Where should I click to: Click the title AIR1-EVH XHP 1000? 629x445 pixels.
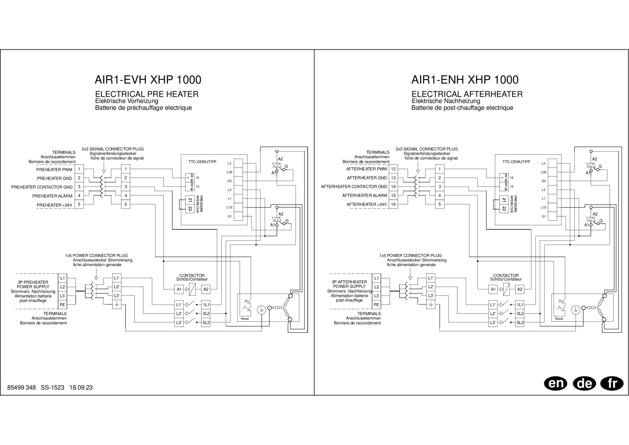click(x=148, y=80)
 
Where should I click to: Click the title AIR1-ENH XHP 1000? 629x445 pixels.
click(x=465, y=80)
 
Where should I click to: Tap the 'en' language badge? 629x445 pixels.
click(x=555, y=384)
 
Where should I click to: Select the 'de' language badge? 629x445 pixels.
click(x=584, y=384)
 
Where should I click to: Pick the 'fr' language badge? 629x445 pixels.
click(x=613, y=384)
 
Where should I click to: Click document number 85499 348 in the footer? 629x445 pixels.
click(x=22, y=388)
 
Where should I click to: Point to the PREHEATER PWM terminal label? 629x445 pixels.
click(x=54, y=169)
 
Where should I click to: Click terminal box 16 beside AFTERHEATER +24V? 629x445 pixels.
click(x=393, y=204)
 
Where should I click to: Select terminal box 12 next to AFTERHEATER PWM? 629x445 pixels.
click(x=393, y=169)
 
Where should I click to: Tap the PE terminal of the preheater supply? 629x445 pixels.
click(x=62, y=305)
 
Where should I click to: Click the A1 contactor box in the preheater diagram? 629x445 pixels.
click(x=179, y=289)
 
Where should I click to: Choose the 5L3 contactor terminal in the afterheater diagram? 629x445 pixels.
click(x=520, y=323)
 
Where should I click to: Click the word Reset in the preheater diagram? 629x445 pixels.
click(x=245, y=319)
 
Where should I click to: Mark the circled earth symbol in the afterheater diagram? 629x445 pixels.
click(x=575, y=309)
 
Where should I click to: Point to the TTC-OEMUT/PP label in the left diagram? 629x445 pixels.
click(x=202, y=162)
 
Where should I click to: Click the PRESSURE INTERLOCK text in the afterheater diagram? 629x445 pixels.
click(x=514, y=204)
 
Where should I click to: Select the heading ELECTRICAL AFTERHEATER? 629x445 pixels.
click(x=467, y=94)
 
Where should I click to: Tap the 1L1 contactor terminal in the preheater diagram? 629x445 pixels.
click(x=206, y=305)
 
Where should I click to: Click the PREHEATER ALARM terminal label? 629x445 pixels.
click(x=52, y=196)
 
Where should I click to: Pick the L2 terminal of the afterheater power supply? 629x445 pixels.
click(x=376, y=287)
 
